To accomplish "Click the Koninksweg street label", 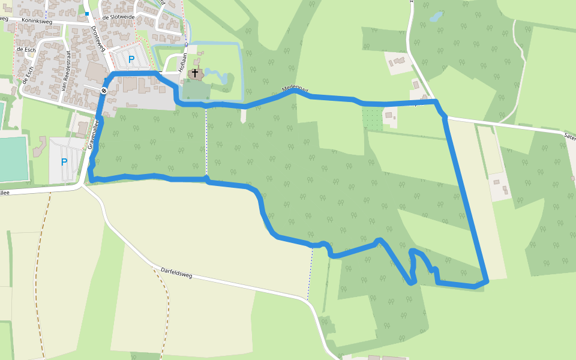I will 37,21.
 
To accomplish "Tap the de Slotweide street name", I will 118,17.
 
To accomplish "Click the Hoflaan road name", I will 184,62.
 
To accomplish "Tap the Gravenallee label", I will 92,134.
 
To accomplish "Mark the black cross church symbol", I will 195,73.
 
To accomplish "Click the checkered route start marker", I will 104,91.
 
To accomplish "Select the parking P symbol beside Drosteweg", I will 131,59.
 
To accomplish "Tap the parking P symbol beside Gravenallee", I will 64,161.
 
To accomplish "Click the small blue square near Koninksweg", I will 87,13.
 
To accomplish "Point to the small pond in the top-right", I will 436,16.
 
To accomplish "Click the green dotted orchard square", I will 372,118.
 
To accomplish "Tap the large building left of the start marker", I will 94,73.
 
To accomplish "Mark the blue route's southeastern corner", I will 487,280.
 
